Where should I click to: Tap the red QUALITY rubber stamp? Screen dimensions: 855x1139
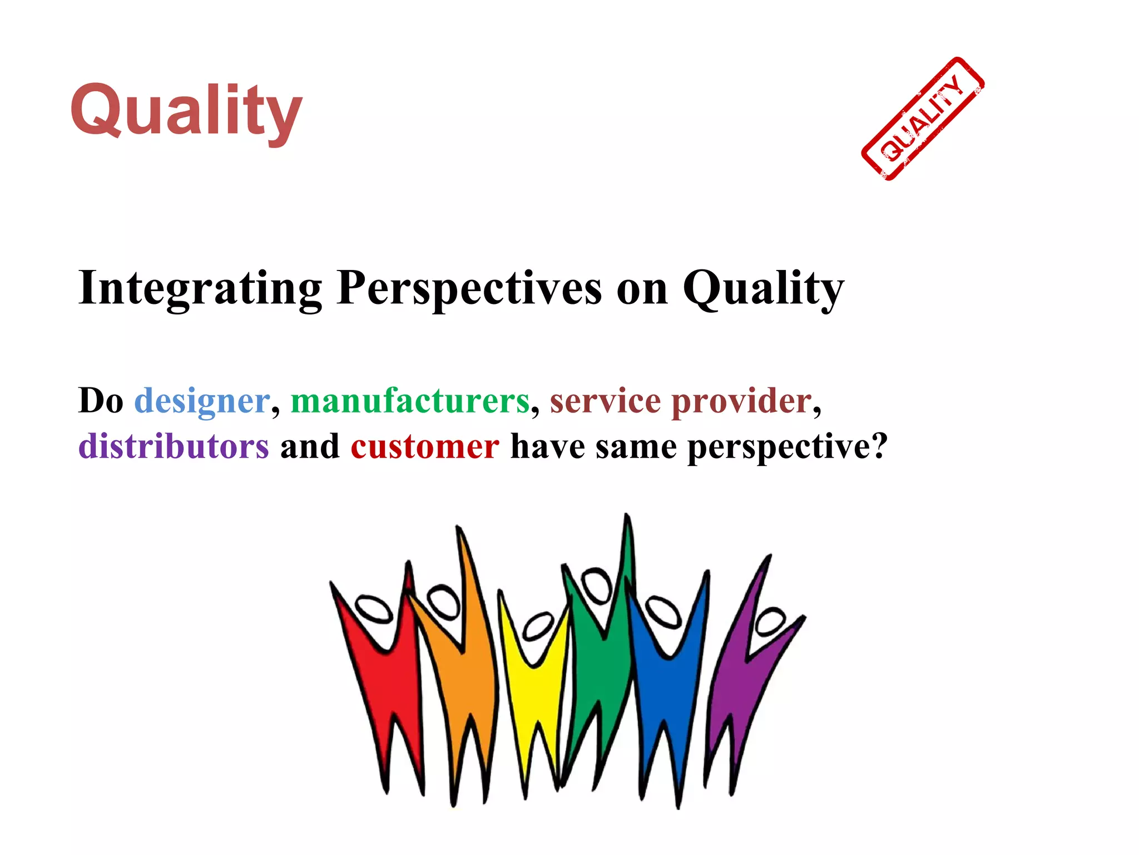(x=923, y=119)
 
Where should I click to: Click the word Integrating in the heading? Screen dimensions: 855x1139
(x=200, y=288)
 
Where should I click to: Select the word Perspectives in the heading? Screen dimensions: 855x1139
(x=469, y=288)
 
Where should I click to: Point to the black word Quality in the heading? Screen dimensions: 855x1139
(x=763, y=288)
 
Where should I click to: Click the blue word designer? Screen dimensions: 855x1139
(x=202, y=401)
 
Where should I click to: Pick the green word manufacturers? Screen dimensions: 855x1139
(x=410, y=401)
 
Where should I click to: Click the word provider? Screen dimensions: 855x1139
(x=742, y=401)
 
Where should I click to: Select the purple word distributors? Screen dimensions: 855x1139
(x=174, y=446)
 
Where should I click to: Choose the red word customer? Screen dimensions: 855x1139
(x=425, y=446)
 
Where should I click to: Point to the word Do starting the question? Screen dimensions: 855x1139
(x=101, y=401)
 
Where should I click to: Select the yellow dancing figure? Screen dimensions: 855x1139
(x=534, y=696)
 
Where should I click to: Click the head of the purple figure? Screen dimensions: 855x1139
(x=770, y=622)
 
